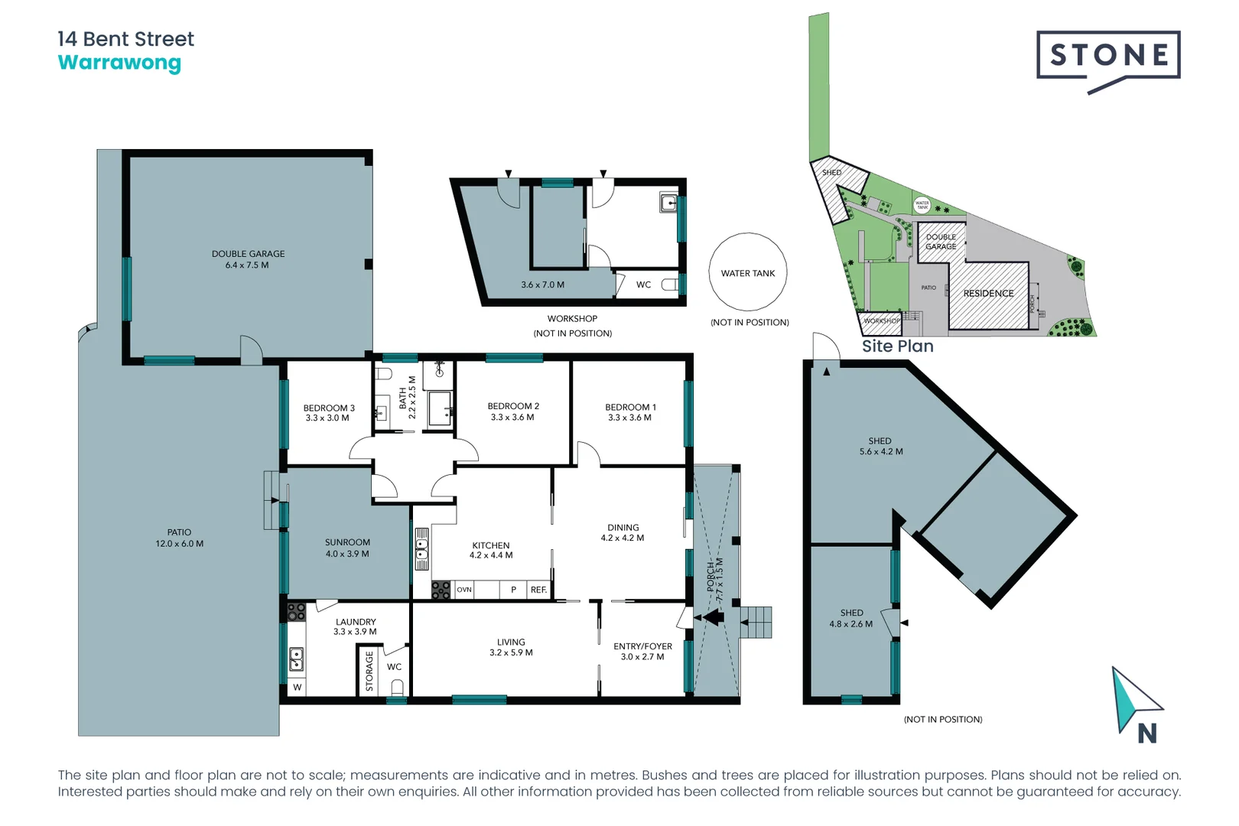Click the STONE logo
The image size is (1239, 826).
point(1107,55)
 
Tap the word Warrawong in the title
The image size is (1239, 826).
point(119,63)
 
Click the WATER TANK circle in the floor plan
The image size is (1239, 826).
point(747,273)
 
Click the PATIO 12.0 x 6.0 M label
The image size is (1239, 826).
point(179,538)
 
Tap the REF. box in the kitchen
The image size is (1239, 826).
point(538,590)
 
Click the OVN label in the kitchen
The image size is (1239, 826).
point(464,590)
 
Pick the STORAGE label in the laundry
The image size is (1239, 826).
point(369,671)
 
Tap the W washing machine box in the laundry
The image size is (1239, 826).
point(298,687)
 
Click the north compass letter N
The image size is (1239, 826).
point(1146,734)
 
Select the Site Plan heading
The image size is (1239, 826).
point(897,346)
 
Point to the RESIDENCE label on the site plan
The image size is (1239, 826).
point(988,294)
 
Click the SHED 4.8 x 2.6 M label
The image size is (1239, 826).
point(851,618)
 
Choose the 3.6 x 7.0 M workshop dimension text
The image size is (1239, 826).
point(542,285)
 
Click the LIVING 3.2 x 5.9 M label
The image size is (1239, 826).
point(511,647)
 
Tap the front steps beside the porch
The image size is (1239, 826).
point(756,622)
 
